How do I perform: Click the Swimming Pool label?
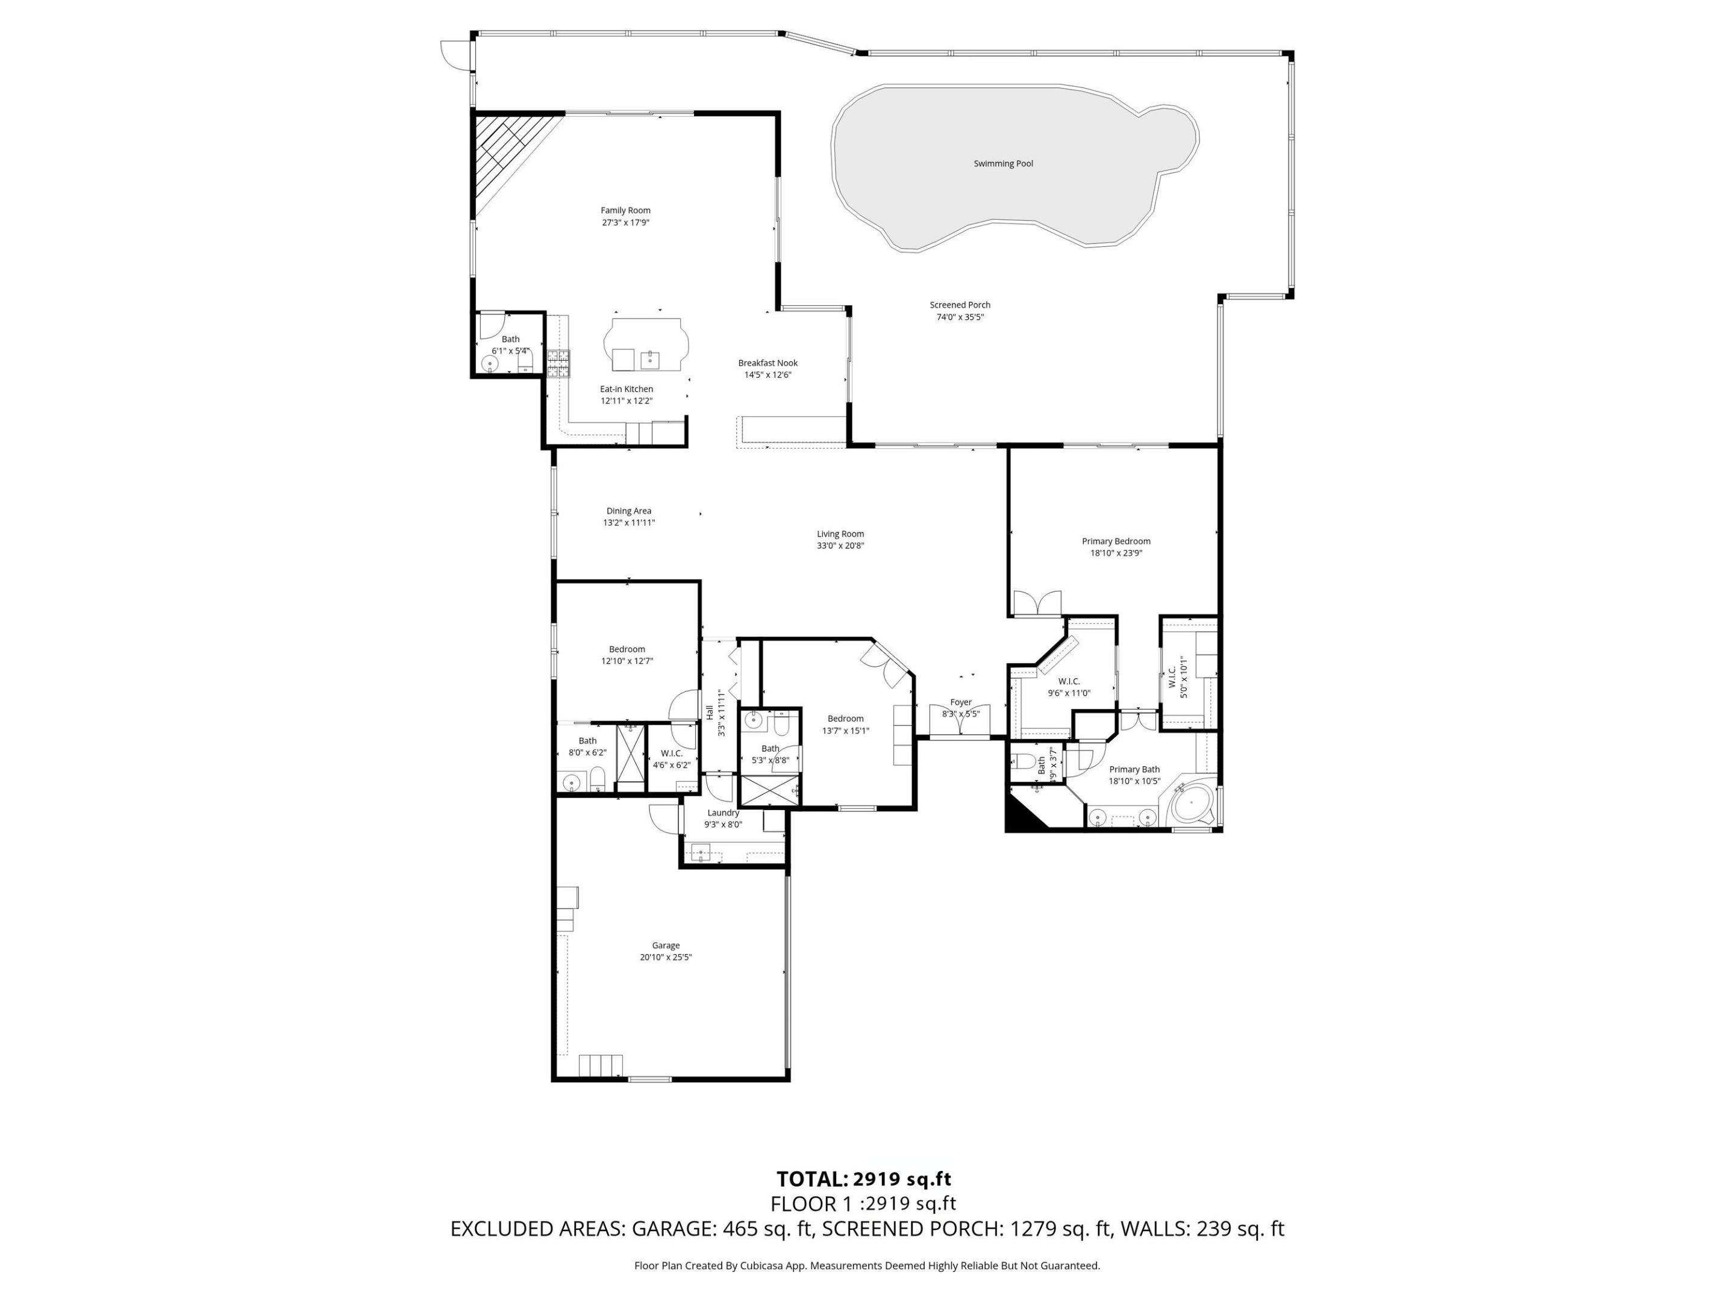click(x=1003, y=164)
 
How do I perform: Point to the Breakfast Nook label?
click(x=767, y=363)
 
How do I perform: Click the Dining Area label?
click(x=628, y=511)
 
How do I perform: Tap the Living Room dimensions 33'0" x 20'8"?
click(x=840, y=546)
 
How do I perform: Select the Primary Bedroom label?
click(x=1115, y=541)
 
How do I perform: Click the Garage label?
click(x=665, y=946)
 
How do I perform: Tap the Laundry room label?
click(x=722, y=813)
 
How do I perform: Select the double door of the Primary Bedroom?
click(x=1037, y=602)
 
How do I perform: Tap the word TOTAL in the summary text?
click(x=811, y=1179)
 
